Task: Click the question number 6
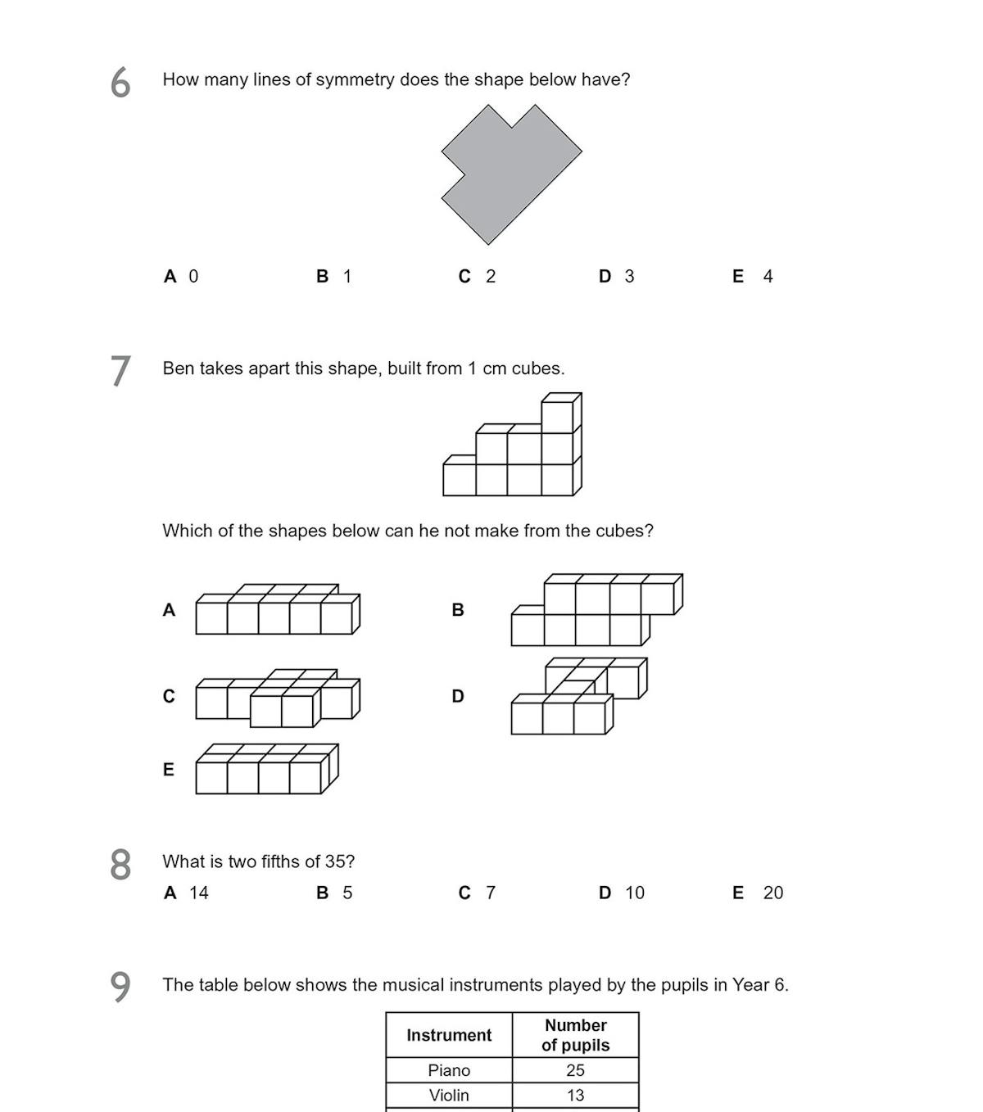point(120,83)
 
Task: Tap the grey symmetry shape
point(508,176)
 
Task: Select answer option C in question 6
point(477,277)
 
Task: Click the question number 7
point(120,371)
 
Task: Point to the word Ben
point(178,368)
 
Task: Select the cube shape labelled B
point(596,610)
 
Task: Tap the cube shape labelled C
point(278,698)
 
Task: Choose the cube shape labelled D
point(578,697)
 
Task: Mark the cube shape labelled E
point(266,770)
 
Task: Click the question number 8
point(120,865)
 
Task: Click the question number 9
point(120,987)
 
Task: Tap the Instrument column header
point(449,1035)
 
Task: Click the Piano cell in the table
point(449,1070)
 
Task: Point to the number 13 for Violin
point(575,1095)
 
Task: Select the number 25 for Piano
point(575,1070)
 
